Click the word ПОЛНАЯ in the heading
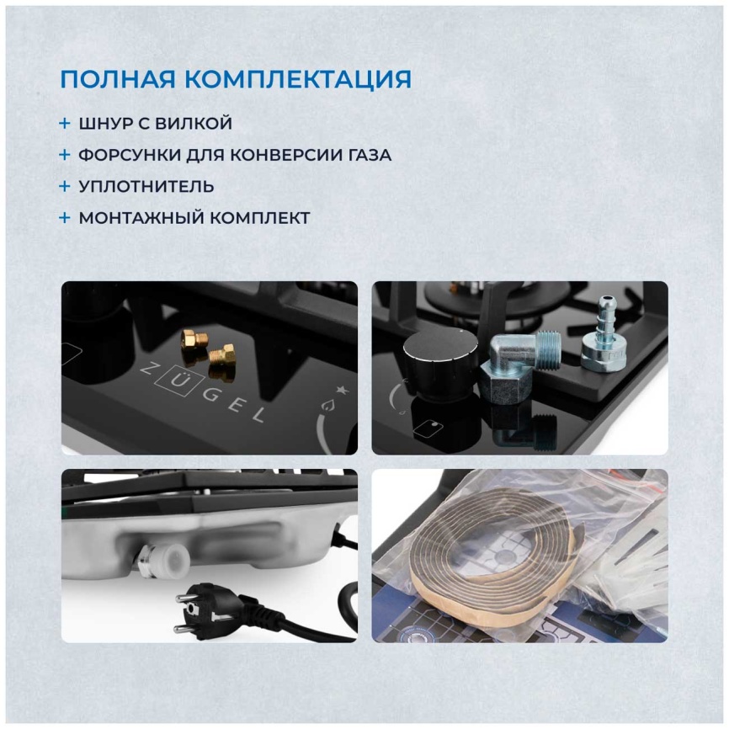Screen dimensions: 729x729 (x=118, y=79)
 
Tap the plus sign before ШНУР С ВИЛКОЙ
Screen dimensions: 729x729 (x=65, y=124)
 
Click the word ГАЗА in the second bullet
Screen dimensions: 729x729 (x=370, y=155)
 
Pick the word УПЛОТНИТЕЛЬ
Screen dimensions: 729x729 (x=146, y=186)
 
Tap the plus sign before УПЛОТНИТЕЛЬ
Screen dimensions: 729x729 (x=65, y=186)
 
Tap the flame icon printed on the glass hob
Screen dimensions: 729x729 (x=327, y=405)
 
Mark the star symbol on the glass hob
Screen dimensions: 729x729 (x=342, y=391)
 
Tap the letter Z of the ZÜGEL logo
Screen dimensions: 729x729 (x=148, y=370)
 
